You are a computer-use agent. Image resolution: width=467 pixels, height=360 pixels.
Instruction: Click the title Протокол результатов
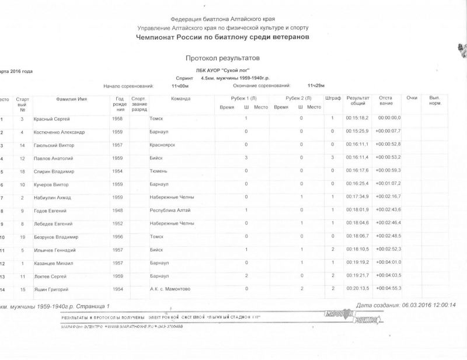coord(222,58)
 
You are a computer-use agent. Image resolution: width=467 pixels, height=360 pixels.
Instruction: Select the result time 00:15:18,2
coord(357,118)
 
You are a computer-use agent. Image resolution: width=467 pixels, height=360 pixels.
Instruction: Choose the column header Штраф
coord(332,98)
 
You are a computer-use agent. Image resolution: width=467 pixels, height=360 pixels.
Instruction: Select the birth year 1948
coord(117,210)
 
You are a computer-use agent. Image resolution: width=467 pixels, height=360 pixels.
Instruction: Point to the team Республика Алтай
coord(170,210)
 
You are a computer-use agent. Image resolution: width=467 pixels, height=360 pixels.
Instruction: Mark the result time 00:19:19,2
coord(357,263)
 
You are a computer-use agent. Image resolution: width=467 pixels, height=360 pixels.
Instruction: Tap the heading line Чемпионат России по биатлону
coord(222,37)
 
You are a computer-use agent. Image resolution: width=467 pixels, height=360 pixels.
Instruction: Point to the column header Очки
coord(412,98)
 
